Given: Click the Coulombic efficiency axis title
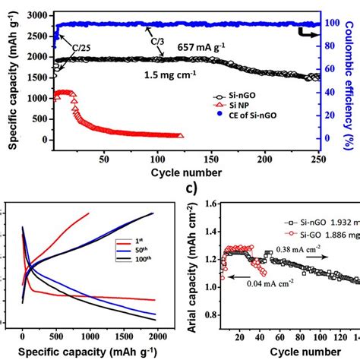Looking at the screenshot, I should point(352,76).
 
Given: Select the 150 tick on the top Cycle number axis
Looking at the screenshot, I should point(211,159).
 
